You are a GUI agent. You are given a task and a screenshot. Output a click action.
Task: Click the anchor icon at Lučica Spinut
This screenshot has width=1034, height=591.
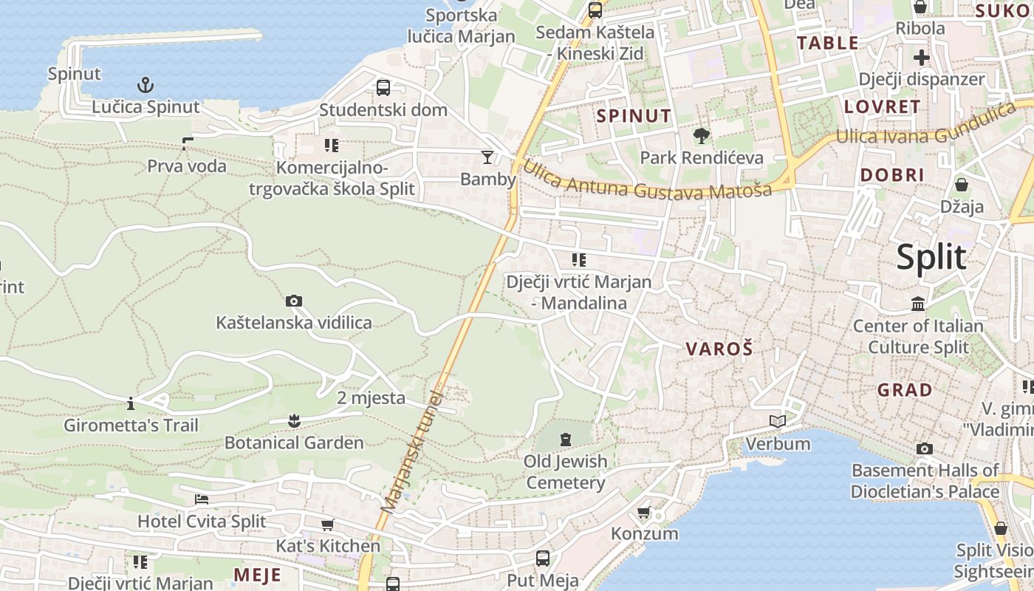[145, 84]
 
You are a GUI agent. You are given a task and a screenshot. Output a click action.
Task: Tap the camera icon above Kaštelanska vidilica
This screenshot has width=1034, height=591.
[294, 301]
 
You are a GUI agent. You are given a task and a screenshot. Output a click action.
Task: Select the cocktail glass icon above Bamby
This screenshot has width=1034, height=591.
[487, 157]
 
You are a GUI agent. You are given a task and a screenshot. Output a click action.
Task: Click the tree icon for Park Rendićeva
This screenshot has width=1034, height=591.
[701, 135]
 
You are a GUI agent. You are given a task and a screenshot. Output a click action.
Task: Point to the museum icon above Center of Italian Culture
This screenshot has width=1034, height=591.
[918, 304]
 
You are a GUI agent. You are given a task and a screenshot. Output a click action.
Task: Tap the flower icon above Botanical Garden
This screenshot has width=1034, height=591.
[294, 421]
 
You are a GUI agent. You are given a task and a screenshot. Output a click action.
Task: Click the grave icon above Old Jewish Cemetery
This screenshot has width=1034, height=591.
[566, 440]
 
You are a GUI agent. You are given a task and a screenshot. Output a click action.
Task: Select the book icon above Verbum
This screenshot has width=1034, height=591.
[778, 421]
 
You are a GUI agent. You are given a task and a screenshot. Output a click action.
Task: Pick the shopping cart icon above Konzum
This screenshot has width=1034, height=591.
[644, 512]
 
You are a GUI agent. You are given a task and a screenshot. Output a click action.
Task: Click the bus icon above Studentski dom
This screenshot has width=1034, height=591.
[383, 88]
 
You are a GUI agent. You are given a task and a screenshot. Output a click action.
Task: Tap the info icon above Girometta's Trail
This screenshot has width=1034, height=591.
[131, 403]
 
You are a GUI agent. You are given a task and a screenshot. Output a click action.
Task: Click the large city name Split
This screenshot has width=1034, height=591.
[931, 257]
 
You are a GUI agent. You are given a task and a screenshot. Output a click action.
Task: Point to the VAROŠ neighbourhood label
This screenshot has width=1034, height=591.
[719, 349]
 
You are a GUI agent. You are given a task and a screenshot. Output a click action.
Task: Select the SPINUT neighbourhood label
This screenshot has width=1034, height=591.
[634, 116]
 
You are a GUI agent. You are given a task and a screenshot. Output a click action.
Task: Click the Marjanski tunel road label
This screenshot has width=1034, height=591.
[411, 452]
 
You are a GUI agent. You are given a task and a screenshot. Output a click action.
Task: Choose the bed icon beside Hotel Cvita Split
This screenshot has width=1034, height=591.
[202, 499]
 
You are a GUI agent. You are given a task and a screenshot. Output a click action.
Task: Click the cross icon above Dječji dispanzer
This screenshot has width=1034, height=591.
[922, 57]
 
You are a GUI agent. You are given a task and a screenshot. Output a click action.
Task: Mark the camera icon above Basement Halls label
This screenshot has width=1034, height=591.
[924, 448]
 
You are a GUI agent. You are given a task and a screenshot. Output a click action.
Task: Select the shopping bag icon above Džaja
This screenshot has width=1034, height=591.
[962, 184]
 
